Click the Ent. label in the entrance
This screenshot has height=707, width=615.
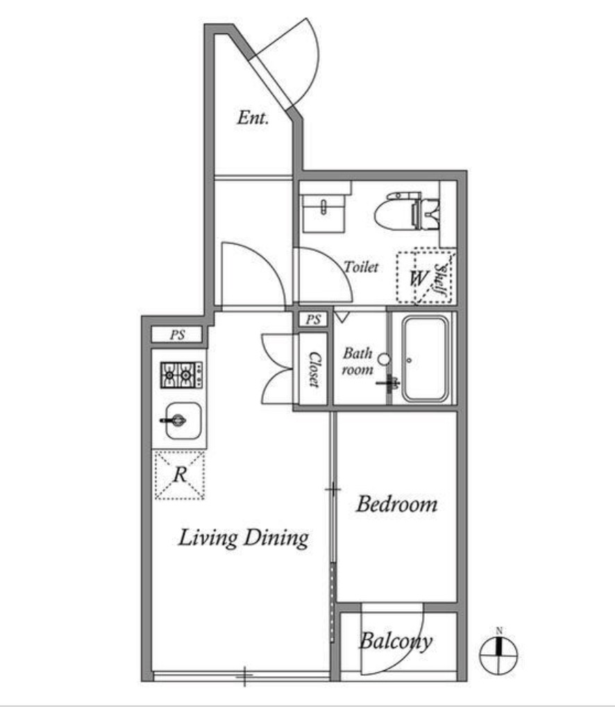pyautogui.click(x=253, y=117)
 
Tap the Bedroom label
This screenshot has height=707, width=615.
pyautogui.click(x=396, y=504)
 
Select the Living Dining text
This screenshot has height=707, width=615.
pyautogui.click(x=244, y=538)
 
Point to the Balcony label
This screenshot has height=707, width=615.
pyautogui.click(x=396, y=641)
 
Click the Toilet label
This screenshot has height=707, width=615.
pyautogui.click(x=361, y=267)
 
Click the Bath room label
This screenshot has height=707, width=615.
pyautogui.click(x=357, y=360)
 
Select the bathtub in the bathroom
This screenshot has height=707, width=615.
pyautogui.click(x=426, y=358)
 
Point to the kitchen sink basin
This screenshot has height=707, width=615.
pyautogui.click(x=183, y=421)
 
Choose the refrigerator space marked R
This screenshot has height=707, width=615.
pyautogui.click(x=180, y=475)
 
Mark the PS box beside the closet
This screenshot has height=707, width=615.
pyautogui.click(x=313, y=319)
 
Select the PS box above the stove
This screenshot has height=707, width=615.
pyautogui.click(x=177, y=335)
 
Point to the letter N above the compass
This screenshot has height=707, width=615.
pyautogui.click(x=499, y=631)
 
